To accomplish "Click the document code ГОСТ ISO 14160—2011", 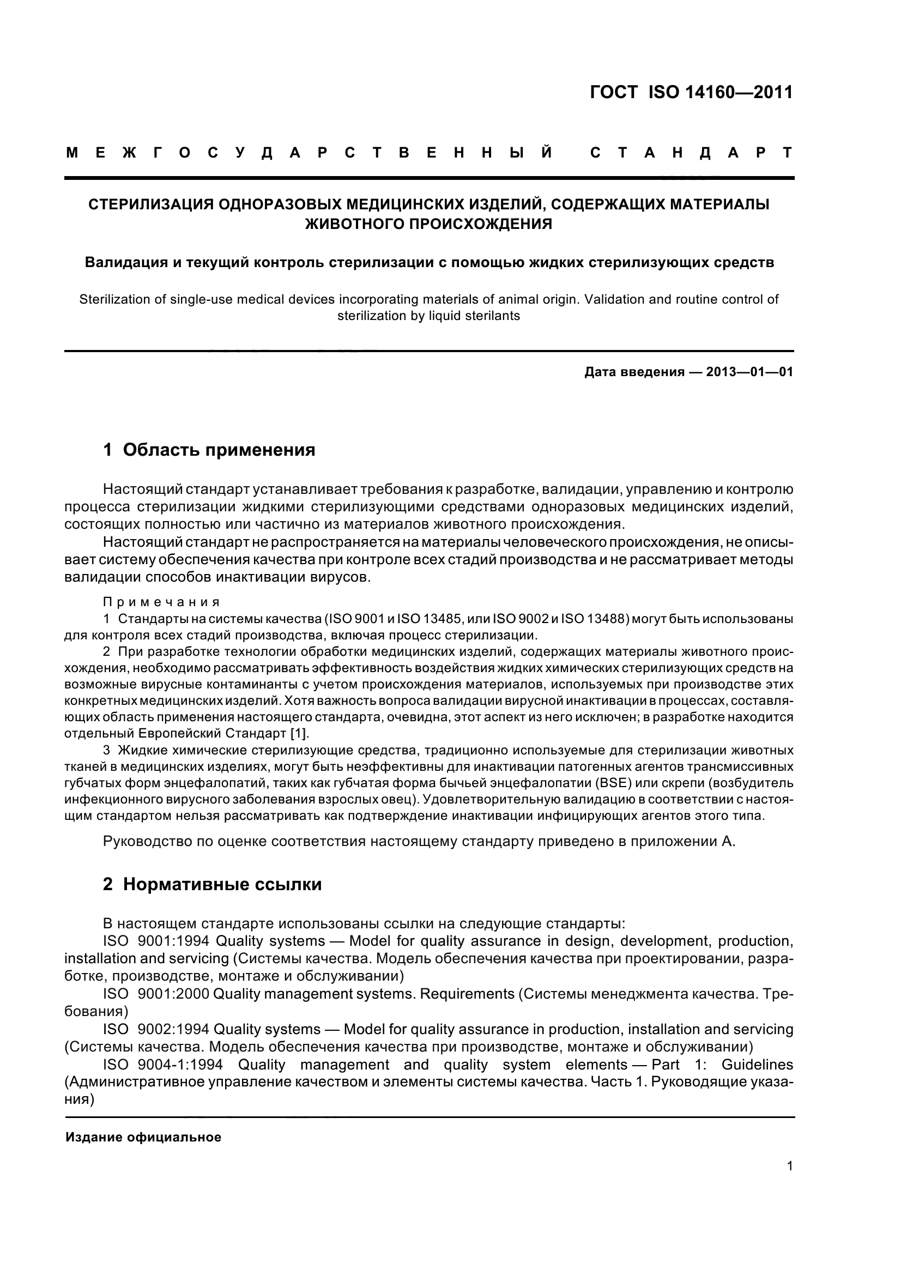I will (691, 92).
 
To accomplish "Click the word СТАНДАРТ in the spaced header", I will (692, 153).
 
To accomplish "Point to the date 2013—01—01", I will (749, 372).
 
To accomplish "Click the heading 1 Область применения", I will (209, 449).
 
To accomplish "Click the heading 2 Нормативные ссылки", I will (212, 884).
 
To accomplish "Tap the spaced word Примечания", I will (161, 602).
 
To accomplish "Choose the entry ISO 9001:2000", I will (156, 994).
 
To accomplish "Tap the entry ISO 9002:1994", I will (156, 1029).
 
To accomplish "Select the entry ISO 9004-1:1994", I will (162, 1065).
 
